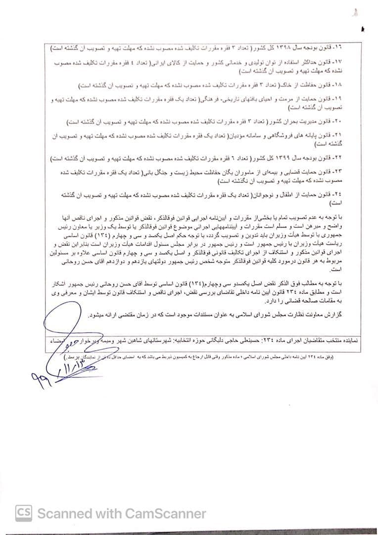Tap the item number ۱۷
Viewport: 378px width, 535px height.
(x=337, y=61)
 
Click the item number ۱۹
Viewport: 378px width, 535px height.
(x=337, y=99)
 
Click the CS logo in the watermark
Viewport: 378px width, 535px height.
(x=24, y=513)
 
